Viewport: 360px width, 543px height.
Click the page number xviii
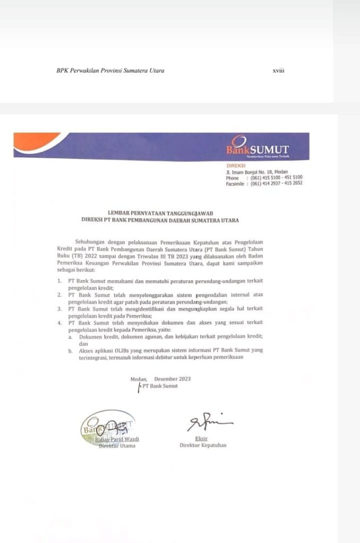click(x=278, y=71)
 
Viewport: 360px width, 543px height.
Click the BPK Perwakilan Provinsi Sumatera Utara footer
click(x=110, y=71)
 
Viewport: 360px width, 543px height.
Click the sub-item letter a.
click(x=70, y=337)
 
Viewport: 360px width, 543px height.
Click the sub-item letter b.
click(x=70, y=351)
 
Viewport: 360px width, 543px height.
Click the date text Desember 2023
click(x=172, y=379)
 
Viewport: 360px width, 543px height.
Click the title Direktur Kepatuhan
click(x=203, y=445)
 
